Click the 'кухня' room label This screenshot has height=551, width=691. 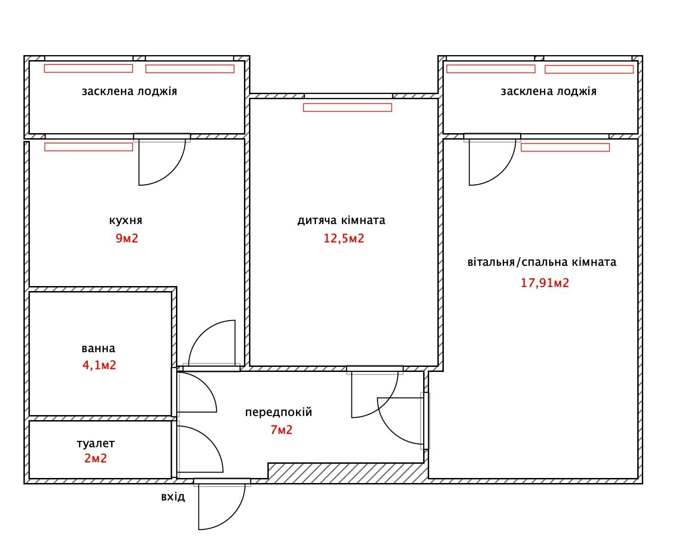[x=125, y=220]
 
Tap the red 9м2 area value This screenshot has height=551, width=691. [x=127, y=238]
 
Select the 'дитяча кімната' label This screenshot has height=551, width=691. [x=341, y=220]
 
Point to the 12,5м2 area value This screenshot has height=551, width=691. [x=344, y=238]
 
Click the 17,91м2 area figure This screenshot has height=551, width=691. [x=544, y=282]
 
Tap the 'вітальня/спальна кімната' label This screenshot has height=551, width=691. [x=542, y=262]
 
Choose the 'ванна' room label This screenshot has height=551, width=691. [x=98, y=348]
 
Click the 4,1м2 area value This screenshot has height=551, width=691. [x=99, y=365]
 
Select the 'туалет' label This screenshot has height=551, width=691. [x=96, y=444]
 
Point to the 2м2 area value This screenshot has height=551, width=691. [x=96, y=458]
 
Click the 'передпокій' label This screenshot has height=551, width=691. [x=278, y=412]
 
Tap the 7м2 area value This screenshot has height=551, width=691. [x=281, y=430]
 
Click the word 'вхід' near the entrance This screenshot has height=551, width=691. [x=173, y=497]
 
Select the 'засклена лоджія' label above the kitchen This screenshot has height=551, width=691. [x=129, y=91]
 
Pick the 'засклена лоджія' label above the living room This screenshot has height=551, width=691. [x=549, y=91]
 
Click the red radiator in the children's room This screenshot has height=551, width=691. [x=347, y=107]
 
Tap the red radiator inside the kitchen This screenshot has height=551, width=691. [x=89, y=146]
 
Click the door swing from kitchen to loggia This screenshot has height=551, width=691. [x=172, y=172]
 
